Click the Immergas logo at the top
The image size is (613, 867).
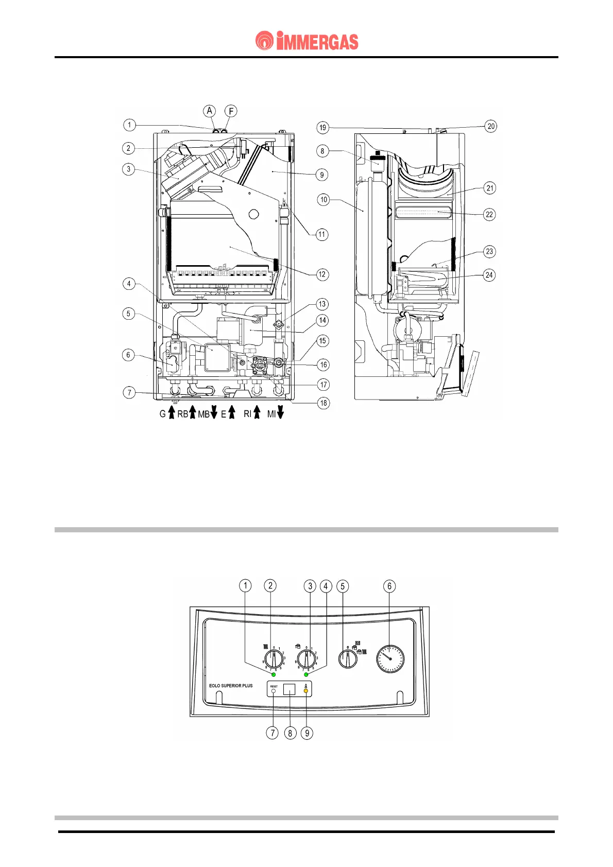point(307,41)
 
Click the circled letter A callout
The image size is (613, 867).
point(209,111)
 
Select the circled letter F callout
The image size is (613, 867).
point(231,111)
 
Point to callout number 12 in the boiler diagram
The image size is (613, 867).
point(322,274)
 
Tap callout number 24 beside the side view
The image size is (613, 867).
point(489,275)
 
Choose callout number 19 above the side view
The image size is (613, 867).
point(322,127)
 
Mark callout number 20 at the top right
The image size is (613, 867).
point(491,126)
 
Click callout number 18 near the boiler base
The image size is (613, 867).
point(323,403)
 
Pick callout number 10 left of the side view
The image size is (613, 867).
point(323,200)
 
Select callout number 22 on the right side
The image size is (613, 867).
point(489,214)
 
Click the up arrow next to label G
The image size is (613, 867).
point(172,412)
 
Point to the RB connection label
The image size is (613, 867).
point(182,414)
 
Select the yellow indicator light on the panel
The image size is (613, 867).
point(306,691)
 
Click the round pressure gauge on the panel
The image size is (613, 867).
point(390,658)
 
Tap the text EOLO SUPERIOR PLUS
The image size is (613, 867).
point(231,686)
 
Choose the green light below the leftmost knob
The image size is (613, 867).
point(274,674)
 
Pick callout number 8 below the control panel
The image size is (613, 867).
point(291,733)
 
